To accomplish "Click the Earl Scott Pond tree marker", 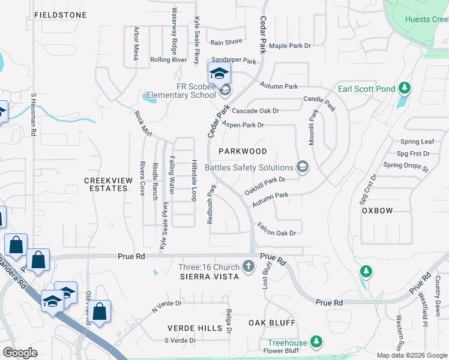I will [x=405, y=89].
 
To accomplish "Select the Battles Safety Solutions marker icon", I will [x=303, y=167].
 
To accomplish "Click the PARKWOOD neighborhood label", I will [x=242, y=151].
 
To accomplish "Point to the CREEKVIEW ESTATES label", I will [x=106, y=184].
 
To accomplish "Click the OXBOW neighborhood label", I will [x=377, y=211].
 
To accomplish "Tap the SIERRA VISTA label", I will [x=209, y=276].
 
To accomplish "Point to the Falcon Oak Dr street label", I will [x=277, y=229].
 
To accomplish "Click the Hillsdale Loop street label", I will [x=194, y=180].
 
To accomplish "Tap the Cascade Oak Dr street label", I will [x=256, y=111].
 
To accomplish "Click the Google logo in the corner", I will [x=20, y=353].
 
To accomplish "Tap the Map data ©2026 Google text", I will [x=411, y=355].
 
